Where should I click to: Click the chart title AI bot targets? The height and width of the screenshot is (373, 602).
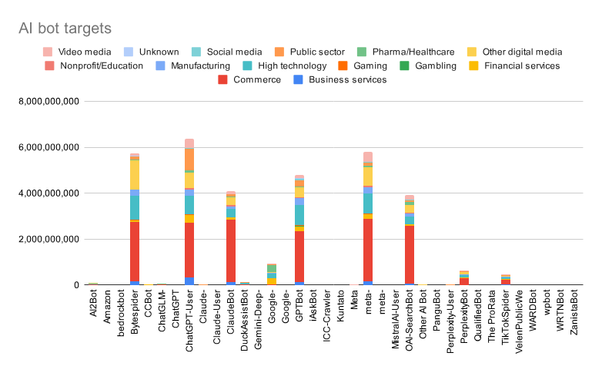(x=65, y=29)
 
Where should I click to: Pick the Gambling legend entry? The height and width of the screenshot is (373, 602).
(x=436, y=66)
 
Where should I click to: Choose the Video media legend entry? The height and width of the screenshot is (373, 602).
(x=79, y=52)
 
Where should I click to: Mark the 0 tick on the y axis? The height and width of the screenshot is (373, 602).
(x=76, y=285)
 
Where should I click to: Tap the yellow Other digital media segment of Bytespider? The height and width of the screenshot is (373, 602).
(x=135, y=174)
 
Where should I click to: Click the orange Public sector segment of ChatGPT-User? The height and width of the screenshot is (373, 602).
(x=189, y=160)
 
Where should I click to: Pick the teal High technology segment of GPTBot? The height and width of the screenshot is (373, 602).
(x=299, y=212)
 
